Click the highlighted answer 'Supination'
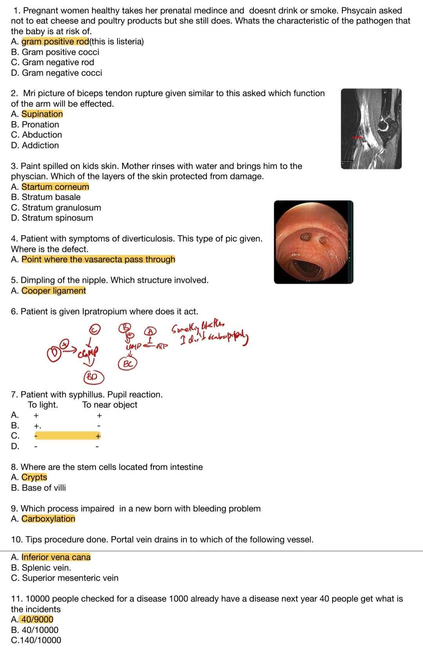42,114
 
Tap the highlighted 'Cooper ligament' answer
54,291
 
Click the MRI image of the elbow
371,129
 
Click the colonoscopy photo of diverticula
313,242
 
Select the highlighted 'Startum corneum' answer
55,187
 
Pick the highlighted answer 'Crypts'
34,477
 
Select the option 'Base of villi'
44,488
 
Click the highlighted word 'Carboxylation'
48,519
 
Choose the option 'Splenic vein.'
46,568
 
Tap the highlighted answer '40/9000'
37,619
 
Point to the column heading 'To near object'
110,405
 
